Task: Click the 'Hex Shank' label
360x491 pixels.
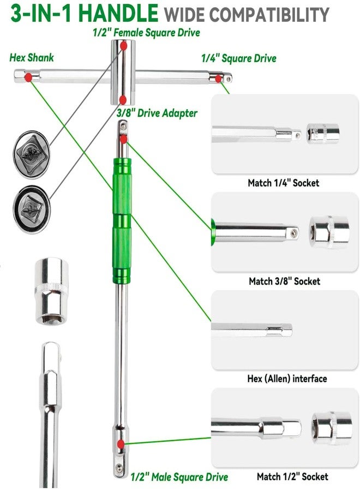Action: point(32,58)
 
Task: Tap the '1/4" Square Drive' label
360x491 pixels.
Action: point(238,58)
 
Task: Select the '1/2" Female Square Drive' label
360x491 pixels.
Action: point(147,33)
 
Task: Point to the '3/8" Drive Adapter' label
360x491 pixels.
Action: point(157,113)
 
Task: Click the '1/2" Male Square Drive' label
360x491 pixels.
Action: point(179,477)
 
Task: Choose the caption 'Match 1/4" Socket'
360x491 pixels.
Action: point(283,183)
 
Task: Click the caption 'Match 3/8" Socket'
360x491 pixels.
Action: point(285,281)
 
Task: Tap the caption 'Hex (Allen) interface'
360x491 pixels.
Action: point(287,379)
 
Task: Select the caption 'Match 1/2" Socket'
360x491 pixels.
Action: point(292,477)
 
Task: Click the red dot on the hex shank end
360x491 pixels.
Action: point(28,77)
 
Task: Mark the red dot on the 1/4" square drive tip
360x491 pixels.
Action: point(218,79)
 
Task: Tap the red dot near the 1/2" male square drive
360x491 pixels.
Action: point(121,444)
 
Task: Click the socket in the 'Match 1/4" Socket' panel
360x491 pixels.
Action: point(323,134)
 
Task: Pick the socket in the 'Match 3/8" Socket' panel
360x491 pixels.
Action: point(329,232)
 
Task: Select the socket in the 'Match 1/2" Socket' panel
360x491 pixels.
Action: point(332,428)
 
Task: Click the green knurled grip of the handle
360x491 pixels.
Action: point(122,221)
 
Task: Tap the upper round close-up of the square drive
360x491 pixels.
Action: point(31,154)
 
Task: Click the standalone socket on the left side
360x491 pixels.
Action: point(52,291)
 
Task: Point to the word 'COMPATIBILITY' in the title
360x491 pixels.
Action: point(269,14)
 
